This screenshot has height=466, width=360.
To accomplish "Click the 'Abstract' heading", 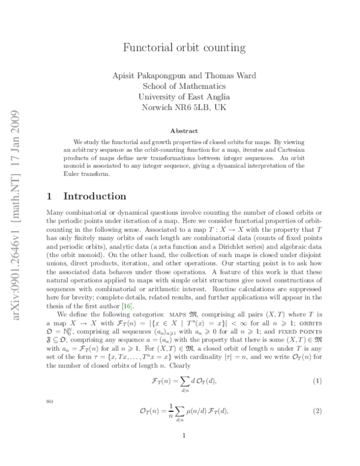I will (181, 130).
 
